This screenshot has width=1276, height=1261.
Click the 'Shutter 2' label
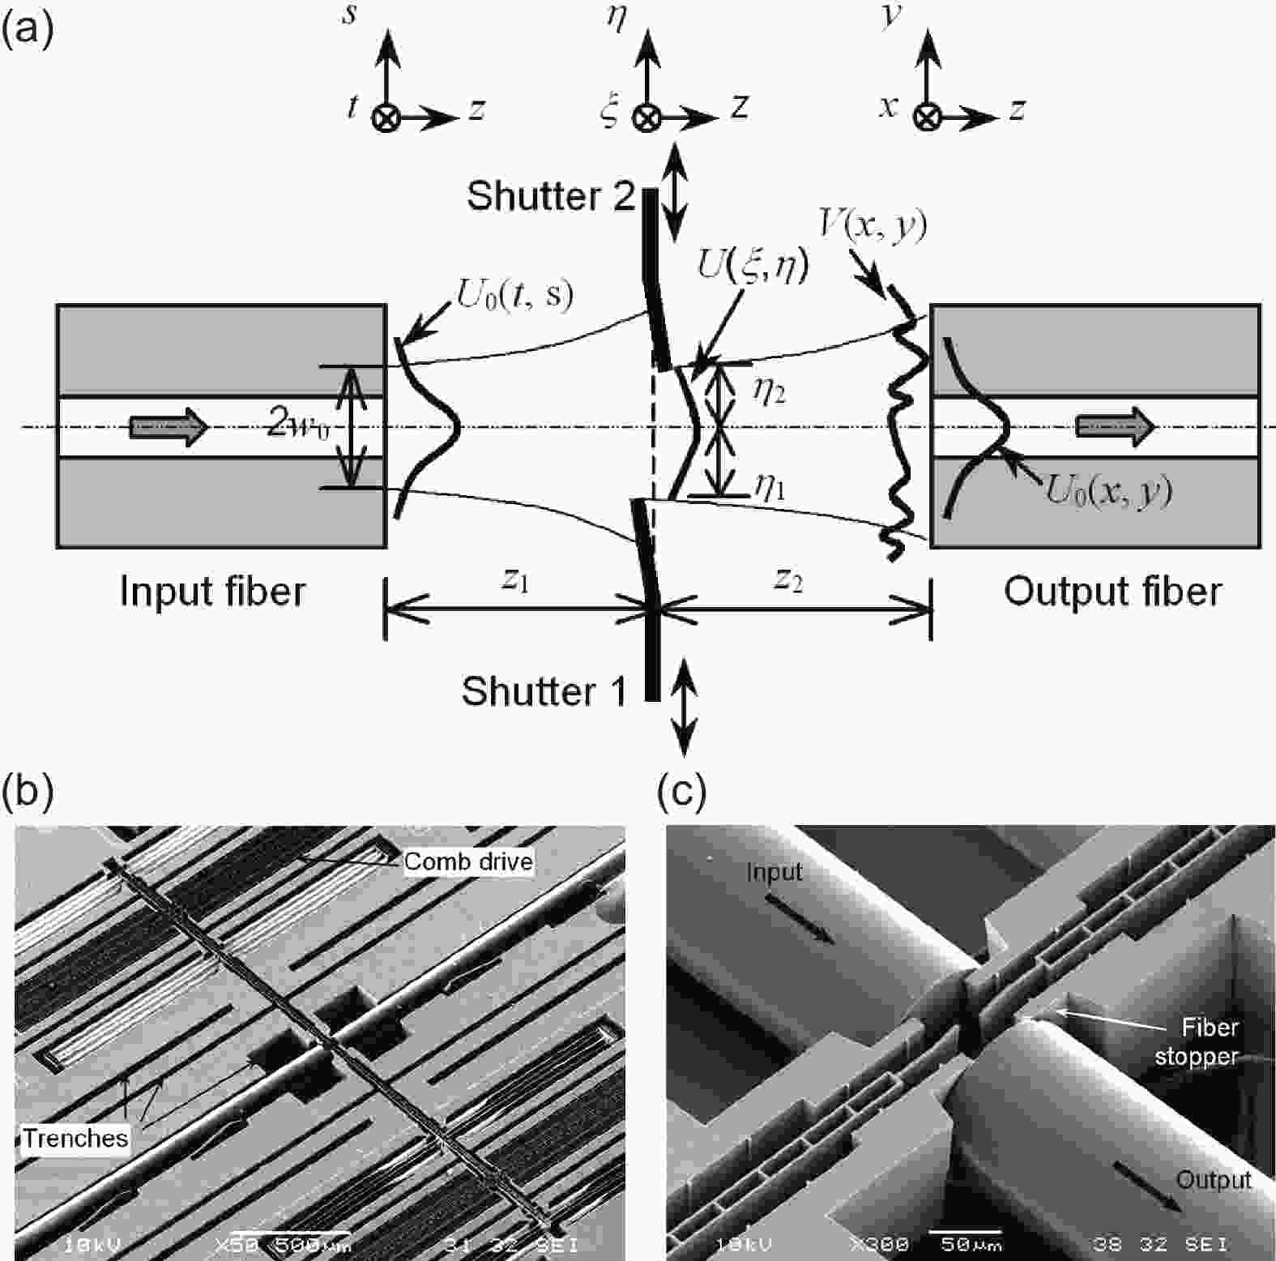[550, 196]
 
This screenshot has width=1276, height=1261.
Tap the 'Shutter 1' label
[544, 691]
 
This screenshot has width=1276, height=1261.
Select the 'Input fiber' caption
[212, 591]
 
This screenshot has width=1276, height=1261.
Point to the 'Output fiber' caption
[1112, 591]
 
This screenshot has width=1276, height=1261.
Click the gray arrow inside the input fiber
[169, 426]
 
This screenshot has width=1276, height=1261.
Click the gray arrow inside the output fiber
[1115, 426]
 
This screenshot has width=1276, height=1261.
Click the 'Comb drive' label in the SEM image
[468, 861]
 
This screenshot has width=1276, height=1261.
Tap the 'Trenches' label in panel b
[75, 1139]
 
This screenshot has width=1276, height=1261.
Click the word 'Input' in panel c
[774, 872]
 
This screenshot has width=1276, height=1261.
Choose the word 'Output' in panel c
[1213, 1179]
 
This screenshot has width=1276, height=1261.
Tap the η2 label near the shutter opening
[768, 392]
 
